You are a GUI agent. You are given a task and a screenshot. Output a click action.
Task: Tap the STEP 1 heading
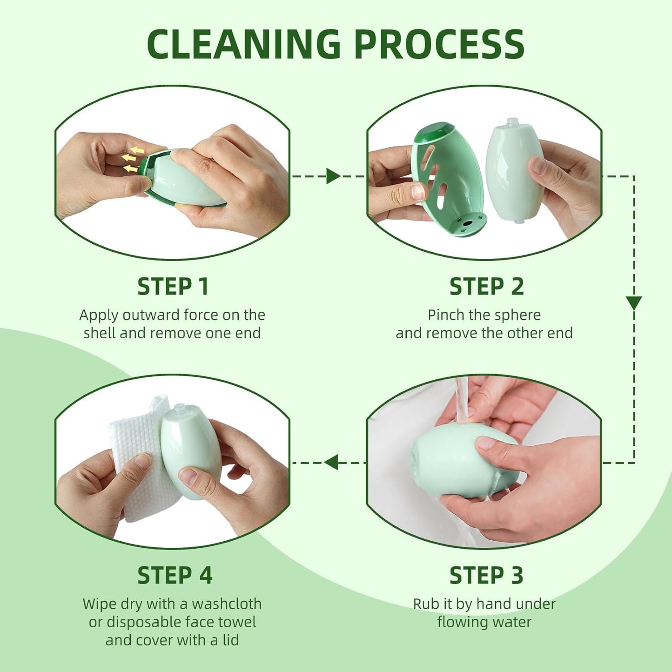(x=173, y=287)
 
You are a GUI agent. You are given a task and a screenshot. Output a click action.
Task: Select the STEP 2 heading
(x=487, y=287)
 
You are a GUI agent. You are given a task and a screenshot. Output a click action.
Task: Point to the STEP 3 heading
(x=486, y=575)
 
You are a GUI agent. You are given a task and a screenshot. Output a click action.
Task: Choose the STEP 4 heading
(x=175, y=575)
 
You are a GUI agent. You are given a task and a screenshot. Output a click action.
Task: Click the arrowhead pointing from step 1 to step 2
(x=333, y=176)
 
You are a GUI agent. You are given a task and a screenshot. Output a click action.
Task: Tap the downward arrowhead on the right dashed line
(x=633, y=303)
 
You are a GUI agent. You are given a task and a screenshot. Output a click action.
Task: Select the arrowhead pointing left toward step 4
(x=332, y=462)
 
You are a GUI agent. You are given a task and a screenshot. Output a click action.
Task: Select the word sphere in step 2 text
(x=518, y=315)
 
